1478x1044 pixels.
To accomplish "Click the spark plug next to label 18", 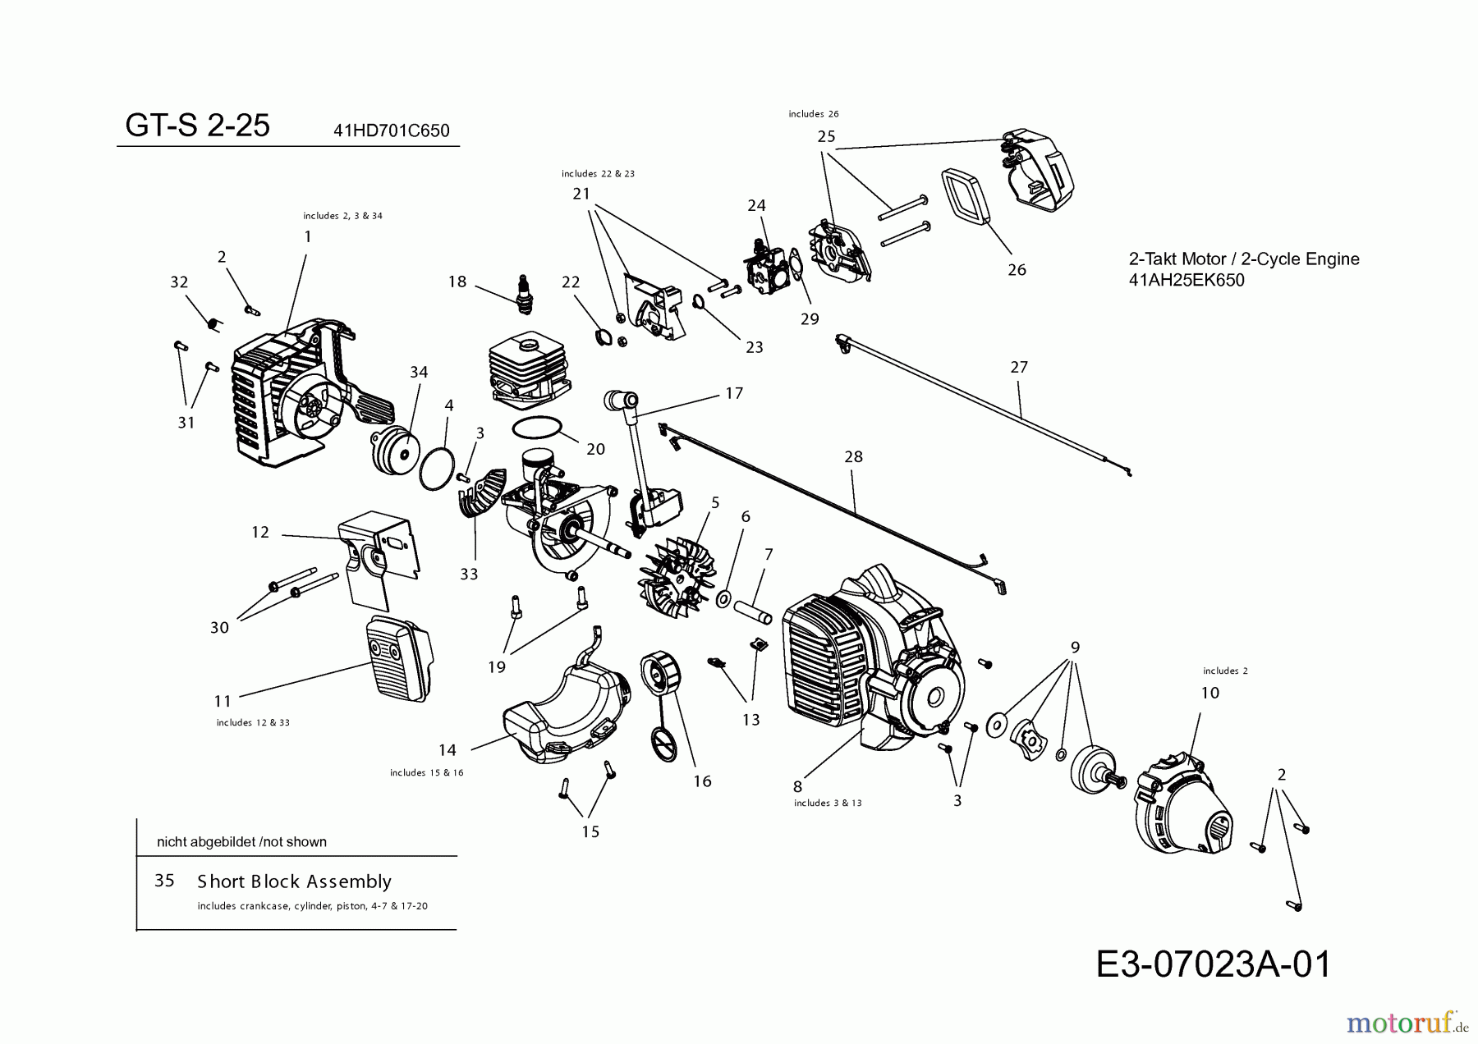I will coord(522,294).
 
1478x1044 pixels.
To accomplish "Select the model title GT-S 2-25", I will coord(197,126).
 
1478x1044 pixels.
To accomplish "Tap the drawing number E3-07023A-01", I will coord(1213,964).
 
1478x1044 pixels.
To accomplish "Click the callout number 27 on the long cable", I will coord(1018,367).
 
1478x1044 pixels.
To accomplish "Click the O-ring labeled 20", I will coord(537,428).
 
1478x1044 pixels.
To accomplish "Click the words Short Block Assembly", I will coord(294,881).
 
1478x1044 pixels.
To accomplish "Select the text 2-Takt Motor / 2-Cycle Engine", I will coord(1244,259).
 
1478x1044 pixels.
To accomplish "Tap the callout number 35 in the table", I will coord(164,881).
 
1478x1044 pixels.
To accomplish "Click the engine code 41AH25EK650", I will coord(1187,280).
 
